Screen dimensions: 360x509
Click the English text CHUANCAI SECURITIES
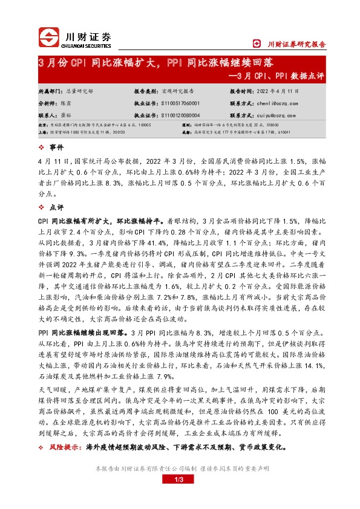tap(87, 44)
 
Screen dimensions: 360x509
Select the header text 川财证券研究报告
tap(297, 44)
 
